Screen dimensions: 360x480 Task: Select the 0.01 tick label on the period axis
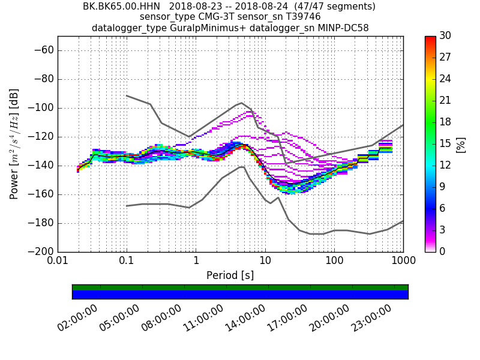(x=58, y=262)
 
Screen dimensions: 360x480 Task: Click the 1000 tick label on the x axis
(x=403, y=262)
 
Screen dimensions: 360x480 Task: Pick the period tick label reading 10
(x=265, y=262)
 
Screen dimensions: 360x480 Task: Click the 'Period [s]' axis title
(x=230, y=275)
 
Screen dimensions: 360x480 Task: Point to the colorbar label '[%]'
(x=461, y=144)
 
